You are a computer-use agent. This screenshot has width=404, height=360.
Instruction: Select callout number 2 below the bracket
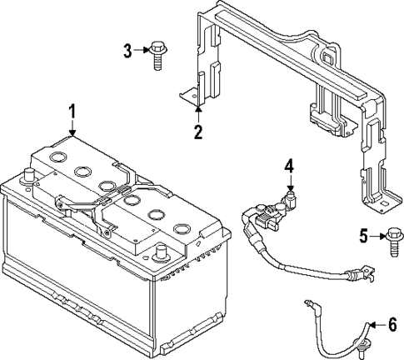point(197,131)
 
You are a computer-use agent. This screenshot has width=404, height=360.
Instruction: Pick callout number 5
point(363,236)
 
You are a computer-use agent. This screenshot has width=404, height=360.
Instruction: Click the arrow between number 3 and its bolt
point(142,52)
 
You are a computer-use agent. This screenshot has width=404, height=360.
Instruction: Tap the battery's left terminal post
point(29,177)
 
